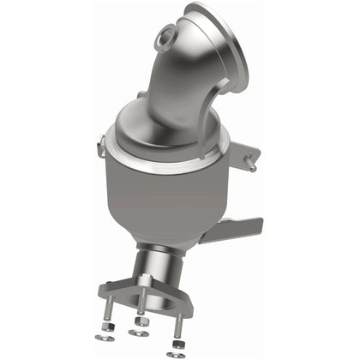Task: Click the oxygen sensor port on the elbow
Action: (x=165, y=38)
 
